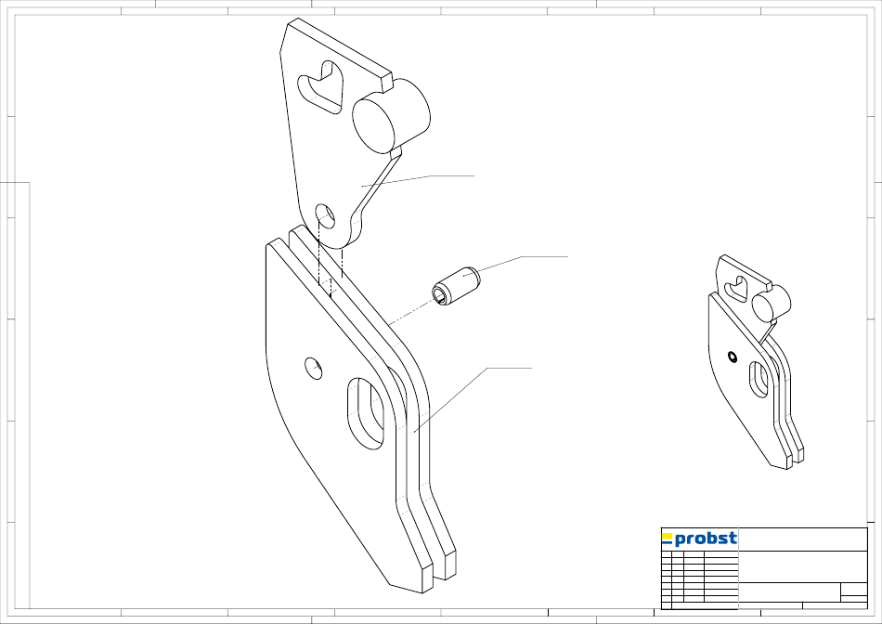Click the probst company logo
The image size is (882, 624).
tap(699, 539)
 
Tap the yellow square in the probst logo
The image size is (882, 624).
tap(667, 535)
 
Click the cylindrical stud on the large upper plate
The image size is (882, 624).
tap(391, 116)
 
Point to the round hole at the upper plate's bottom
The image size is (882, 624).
tap(325, 216)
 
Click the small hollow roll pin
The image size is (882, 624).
tap(455, 286)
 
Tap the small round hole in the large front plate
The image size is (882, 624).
tap(313, 368)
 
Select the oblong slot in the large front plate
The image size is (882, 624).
tap(366, 413)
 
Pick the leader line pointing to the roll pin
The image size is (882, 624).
tap(515, 266)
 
